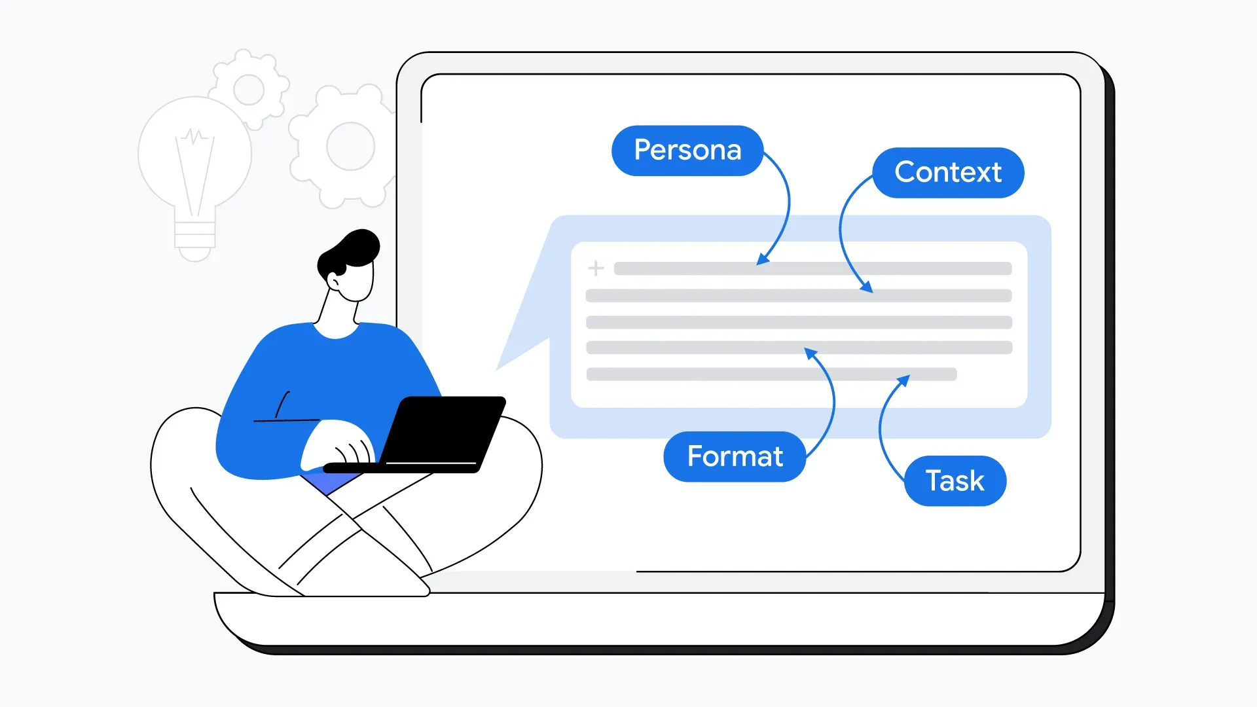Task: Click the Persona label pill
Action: [x=687, y=151]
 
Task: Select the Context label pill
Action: [x=948, y=172]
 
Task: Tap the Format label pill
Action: [x=735, y=456]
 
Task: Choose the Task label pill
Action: [x=955, y=480]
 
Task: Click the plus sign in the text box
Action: [x=596, y=268]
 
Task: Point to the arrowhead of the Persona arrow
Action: [x=761, y=260]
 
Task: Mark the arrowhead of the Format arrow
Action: [x=811, y=353]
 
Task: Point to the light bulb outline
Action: [x=194, y=157]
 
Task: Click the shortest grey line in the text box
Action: [x=771, y=374]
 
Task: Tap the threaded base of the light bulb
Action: [x=194, y=236]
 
